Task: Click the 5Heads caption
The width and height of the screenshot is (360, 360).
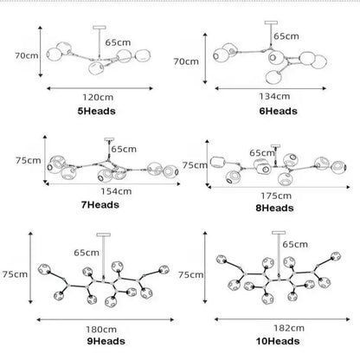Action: (96, 111)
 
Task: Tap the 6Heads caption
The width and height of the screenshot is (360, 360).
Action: (278, 111)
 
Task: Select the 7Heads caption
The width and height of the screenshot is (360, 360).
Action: (100, 205)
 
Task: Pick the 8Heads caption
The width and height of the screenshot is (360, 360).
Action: (274, 208)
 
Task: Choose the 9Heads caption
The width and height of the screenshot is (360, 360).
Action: (106, 341)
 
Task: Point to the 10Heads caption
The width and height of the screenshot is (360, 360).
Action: (278, 341)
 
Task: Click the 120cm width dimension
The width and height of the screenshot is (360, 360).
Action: (98, 97)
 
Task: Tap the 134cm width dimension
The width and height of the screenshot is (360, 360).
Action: (274, 96)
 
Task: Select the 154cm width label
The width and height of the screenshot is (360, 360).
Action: (116, 191)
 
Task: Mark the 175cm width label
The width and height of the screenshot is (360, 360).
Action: (276, 196)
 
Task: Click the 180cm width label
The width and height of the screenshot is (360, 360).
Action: (101, 329)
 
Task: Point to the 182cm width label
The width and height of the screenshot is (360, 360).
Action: (289, 328)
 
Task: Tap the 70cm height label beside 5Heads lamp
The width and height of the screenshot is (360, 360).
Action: (27, 55)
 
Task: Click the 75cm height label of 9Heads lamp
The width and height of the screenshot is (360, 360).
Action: (15, 274)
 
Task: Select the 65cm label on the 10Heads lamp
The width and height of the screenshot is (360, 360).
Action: (295, 244)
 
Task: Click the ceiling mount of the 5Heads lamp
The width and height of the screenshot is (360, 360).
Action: (100, 28)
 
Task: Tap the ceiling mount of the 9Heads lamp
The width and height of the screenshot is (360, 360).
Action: (104, 235)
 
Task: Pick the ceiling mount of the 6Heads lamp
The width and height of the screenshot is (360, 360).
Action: (271, 22)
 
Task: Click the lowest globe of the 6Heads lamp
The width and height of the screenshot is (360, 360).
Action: (274, 77)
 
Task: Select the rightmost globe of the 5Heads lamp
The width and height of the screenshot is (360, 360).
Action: (143, 55)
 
